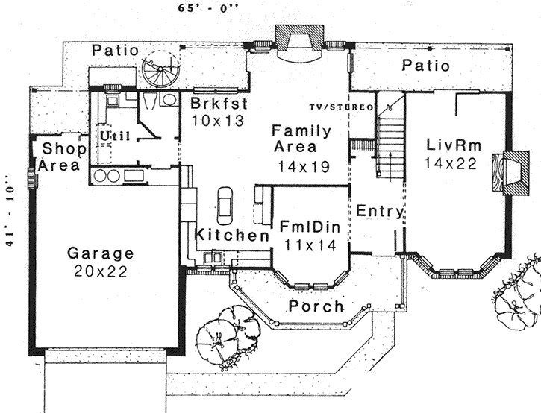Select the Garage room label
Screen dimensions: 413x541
[101, 253]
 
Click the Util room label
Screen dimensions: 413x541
[112, 136]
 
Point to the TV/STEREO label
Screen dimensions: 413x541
[342, 107]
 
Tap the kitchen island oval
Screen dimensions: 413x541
[225, 204]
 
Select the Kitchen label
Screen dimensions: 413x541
[232, 236]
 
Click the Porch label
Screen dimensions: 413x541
[316, 306]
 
